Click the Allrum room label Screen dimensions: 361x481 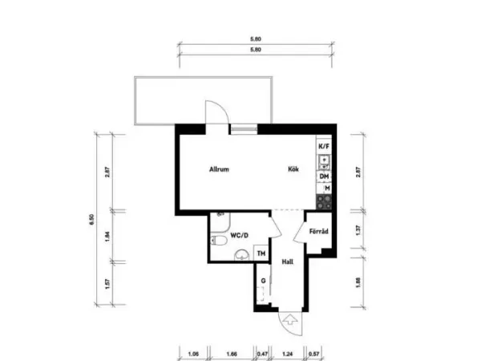[220, 170]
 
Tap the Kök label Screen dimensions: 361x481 [294, 170]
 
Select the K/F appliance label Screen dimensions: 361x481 [324, 147]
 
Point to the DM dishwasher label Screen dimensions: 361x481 [325, 176]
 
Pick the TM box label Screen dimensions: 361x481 [260, 254]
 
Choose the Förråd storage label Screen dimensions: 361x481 [319, 231]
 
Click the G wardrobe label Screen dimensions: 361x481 [262, 281]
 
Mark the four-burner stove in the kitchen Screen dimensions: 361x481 [325, 201]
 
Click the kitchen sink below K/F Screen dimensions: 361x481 [325, 161]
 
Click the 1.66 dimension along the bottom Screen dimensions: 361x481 [232, 353]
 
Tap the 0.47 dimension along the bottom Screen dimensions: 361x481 [261, 353]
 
